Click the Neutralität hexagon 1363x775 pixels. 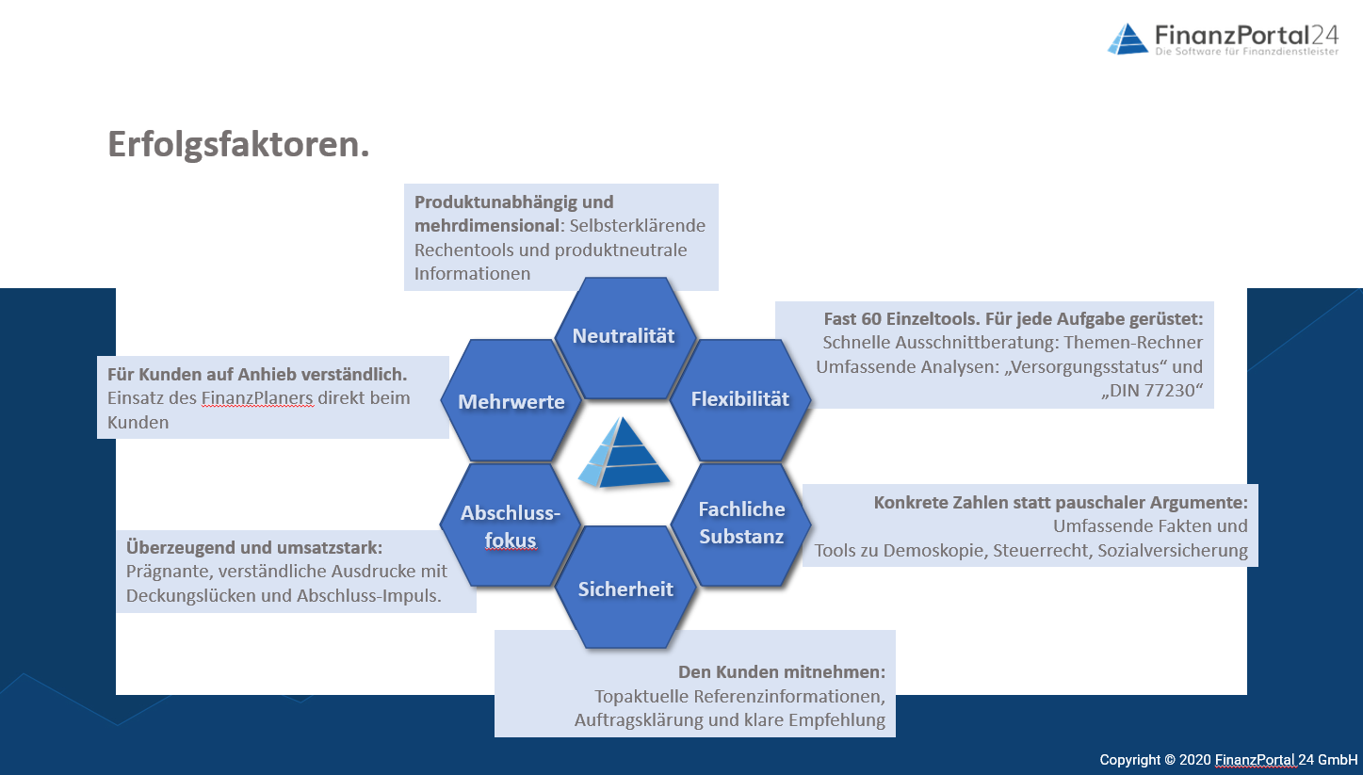(625, 338)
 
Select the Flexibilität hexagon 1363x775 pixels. (740, 399)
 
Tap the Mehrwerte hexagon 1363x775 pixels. (511, 400)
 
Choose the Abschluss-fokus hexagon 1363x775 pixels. (511, 525)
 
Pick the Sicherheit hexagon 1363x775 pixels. (625, 588)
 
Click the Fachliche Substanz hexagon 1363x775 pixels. (741, 525)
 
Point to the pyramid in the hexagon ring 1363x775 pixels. (624, 452)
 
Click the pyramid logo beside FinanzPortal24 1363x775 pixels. (1128, 39)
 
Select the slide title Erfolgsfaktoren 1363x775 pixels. (238, 145)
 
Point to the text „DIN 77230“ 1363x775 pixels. (1152, 391)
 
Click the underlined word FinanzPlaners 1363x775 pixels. (257, 397)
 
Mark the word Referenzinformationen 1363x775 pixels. (777, 697)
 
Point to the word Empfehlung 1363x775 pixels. (836, 721)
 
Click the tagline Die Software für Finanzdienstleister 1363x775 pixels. (1247, 52)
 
